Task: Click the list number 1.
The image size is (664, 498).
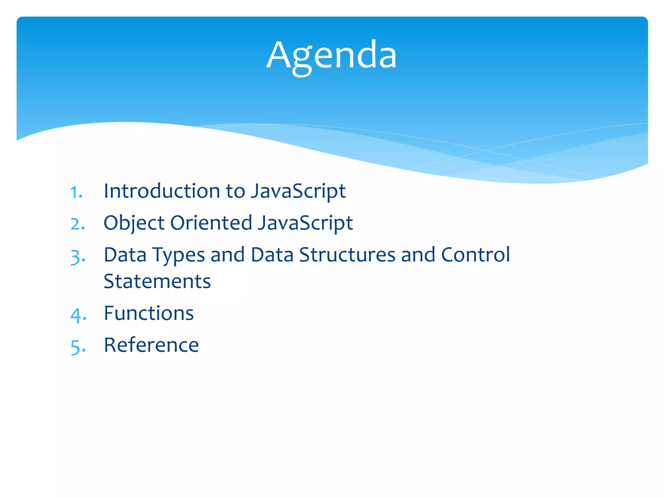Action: coord(76,192)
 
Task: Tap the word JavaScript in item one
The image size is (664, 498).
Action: coord(298,191)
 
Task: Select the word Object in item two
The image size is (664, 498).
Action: coord(134,223)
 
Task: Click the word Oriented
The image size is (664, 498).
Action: coord(211,223)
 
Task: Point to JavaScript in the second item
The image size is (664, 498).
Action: coord(305,223)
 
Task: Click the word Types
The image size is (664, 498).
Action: coord(178,255)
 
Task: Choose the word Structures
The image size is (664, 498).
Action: coord(347,255)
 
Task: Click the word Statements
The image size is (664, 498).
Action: coord(157,281)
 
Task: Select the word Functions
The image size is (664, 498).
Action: coord(149,313)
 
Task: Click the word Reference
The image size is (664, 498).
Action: coord(151,345)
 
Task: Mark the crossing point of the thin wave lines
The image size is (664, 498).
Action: coord(485,150)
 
